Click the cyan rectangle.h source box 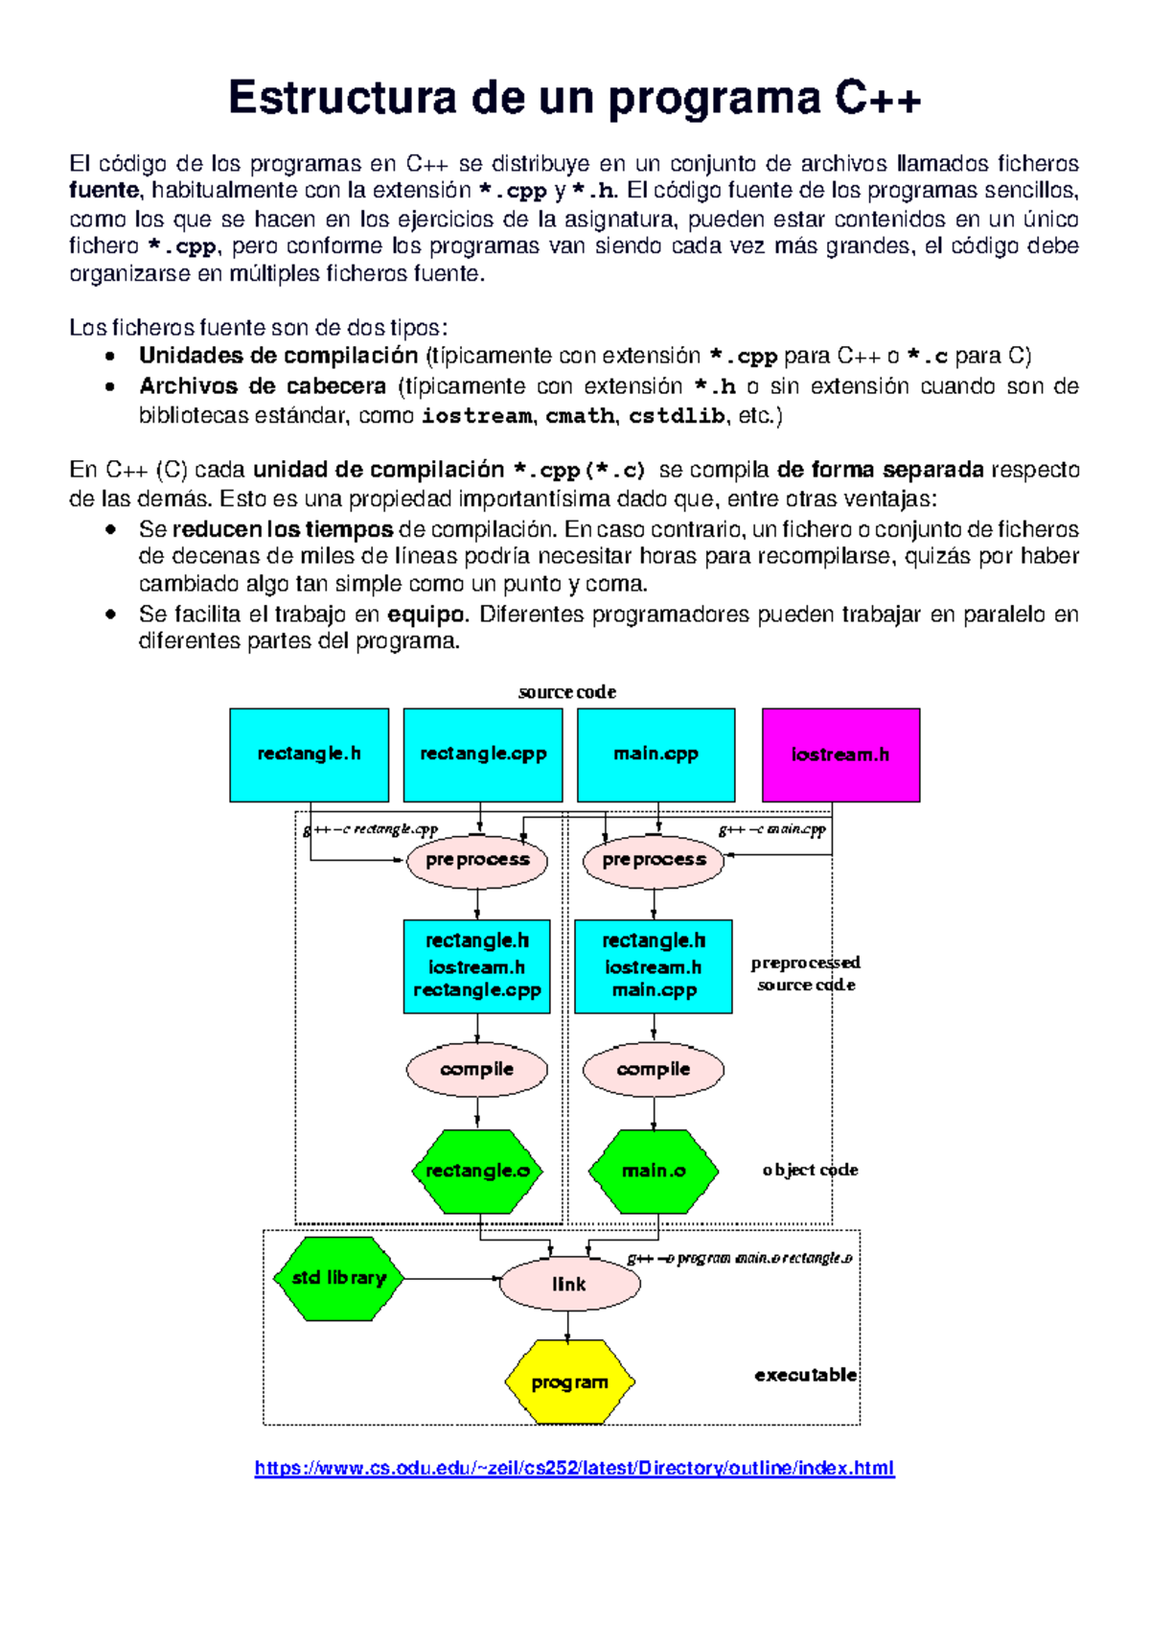click(x=309, y=755)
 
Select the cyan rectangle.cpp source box click(x=483, y=755)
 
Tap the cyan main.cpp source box click(x=656, y=755)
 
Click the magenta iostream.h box click(x=840, y=755)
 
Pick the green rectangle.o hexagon click(x=477, y=1171)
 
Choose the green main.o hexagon click(x=654, y=1171)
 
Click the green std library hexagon click(x=338, y=1278)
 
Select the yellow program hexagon click(x=569, y=1382)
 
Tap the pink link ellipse click(x=569, y=1284)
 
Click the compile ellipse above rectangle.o click(x=477, y=1069)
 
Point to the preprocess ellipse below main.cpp click(x=654, y=860)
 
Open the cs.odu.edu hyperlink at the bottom click(x=574, y=1468)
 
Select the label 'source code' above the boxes click(x=567, y=692)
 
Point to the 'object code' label click(x=810, y=1170)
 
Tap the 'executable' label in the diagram click(x=805, y=1375)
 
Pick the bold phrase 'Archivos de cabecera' click(x=263, y=386)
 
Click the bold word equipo click(x=426, y=615)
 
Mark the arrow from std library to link click(x=450, y=1278)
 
